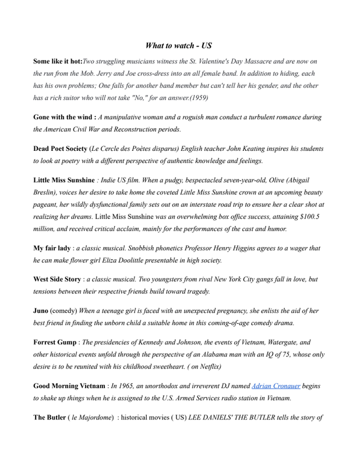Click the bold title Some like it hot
coord(58,61)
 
